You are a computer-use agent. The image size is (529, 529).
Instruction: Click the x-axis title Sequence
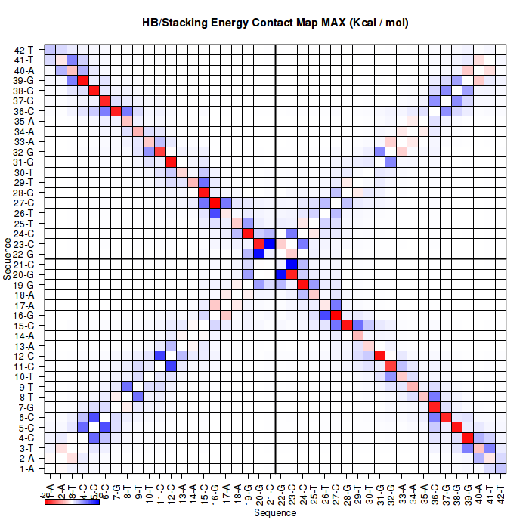(x=275, y=513)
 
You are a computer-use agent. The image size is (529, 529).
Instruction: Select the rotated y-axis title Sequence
(x=7, y=258)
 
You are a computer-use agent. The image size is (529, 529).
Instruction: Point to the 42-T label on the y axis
(x=23, y=50)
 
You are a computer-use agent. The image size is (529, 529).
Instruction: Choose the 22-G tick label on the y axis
(x=23, y=254)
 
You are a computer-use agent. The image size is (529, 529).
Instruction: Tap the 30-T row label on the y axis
(x=23, y=172)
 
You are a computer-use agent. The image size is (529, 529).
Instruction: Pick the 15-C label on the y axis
(x=23, y=326)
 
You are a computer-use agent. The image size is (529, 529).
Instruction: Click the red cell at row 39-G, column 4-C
(x=83, y=81)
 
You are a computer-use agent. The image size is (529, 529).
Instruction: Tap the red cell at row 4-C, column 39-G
(x=467, y=438)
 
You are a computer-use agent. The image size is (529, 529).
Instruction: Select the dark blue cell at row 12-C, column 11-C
(x=160, y=356)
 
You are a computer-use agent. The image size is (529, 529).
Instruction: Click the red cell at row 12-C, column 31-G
(x=379, y=356)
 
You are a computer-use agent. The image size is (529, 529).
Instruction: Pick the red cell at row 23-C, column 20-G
(x=258, y=243)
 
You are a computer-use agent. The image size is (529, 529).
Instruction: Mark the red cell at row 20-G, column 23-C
(x=292, y=274)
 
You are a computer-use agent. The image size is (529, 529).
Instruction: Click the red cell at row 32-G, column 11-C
(x=160, y=152)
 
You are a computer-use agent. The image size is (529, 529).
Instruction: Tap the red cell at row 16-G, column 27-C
(x=336, y=315)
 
